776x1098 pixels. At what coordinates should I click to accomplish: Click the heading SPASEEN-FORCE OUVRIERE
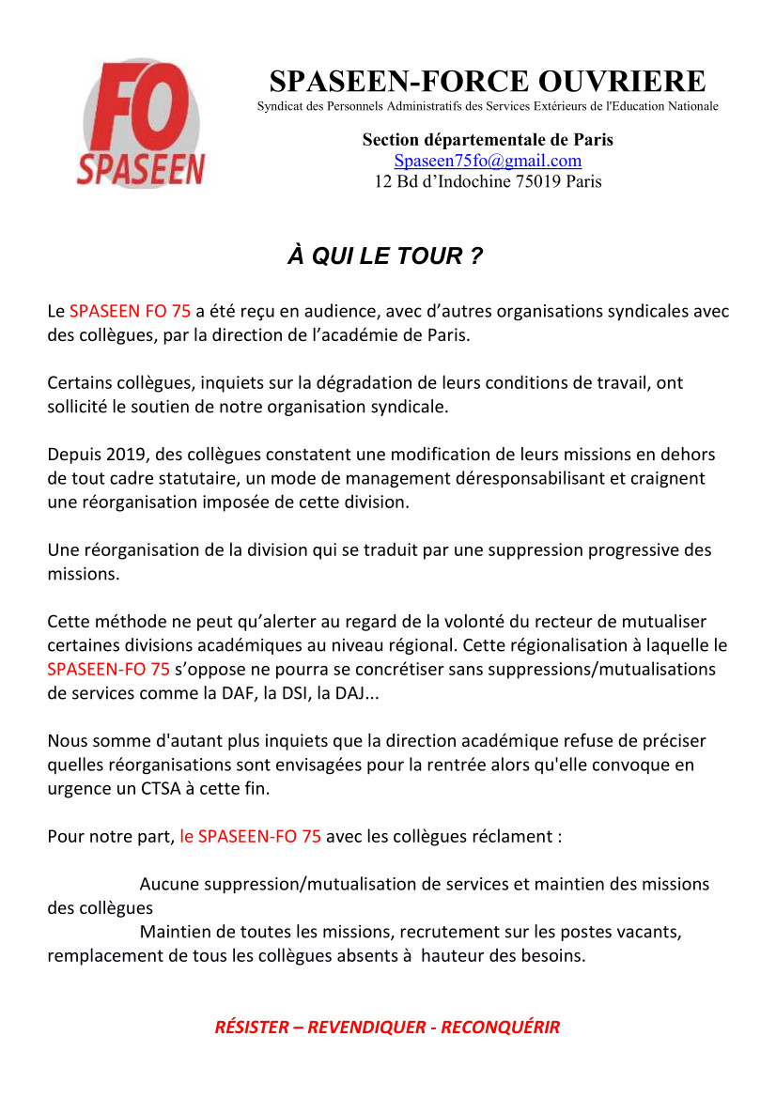[487, 81]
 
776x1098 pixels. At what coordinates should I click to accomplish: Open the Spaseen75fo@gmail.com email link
[488, 161]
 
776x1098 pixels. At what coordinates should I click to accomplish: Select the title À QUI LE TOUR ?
[385, 256]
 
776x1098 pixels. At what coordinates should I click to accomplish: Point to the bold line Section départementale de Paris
[488, 140]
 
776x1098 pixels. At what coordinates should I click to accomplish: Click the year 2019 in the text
[122, 455]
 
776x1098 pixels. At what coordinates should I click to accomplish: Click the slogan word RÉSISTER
[252, 1027]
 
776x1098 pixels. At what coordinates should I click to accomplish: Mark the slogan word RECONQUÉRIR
[500, 1027]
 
